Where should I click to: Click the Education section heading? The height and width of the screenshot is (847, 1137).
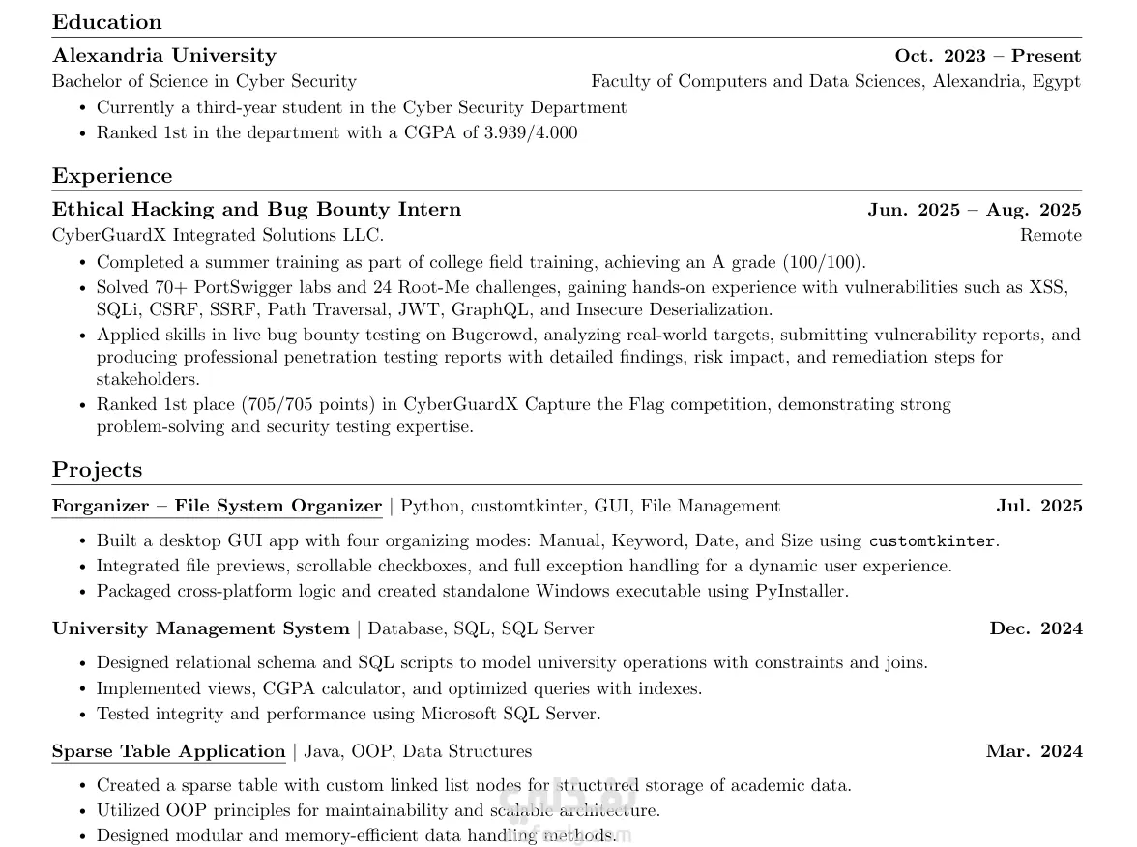click(107, 22)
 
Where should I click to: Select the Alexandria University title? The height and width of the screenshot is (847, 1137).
click(164, 56)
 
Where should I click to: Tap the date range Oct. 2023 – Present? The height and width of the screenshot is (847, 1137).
click(987, 56)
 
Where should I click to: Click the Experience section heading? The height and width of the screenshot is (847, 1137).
click(112, 176)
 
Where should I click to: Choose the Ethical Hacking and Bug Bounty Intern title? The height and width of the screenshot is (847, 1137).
click(256, 210)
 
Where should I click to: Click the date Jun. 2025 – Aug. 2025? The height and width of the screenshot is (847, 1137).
click(974, 210)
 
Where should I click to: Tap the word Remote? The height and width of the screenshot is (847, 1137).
click(1050, 235)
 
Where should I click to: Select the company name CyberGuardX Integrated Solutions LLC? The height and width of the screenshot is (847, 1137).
click(218, 235)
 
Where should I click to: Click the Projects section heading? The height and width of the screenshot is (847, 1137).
click(97, 470)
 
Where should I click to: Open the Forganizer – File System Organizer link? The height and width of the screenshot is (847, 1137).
click(217, 506)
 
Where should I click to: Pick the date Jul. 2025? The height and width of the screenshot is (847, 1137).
click(1038, 506)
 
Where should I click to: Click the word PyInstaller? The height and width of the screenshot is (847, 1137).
click(801, 591)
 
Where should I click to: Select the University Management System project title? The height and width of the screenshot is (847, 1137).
click(200, 628)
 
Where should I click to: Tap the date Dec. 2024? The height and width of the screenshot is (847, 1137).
click(1035, 628)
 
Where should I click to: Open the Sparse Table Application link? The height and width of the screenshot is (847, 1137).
click(168, 751)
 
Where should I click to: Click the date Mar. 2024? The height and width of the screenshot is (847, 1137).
click(1034, 751)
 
